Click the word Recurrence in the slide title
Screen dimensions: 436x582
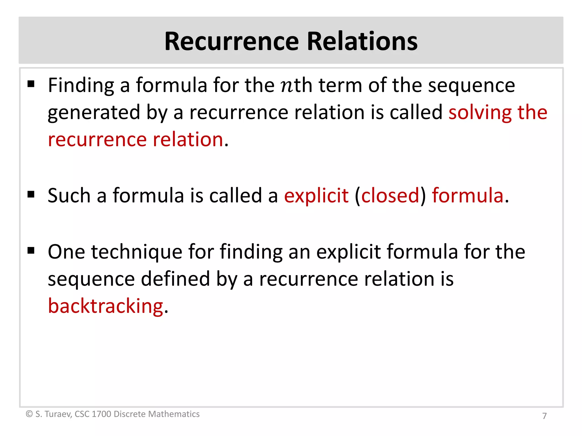click(232, 41)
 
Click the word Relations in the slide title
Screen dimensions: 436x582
click(362, 41)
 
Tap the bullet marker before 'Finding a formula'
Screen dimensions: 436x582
click(31, 84)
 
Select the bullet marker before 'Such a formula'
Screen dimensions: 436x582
click(31, 194)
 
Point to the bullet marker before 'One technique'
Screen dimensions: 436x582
click(31, 250)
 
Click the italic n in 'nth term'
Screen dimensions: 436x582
click(287, 86)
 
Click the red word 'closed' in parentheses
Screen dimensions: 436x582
click(390, 196)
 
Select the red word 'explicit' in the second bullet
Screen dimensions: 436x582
click(316, 196)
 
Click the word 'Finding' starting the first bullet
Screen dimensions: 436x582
click(81, 86)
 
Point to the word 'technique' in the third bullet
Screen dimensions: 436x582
click(136, 252)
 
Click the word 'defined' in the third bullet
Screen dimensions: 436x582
click(175, 279)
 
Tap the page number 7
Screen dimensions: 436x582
click(544, 416)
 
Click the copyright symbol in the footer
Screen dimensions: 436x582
click(29, 414)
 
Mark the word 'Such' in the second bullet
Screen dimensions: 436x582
click(69, 196)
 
